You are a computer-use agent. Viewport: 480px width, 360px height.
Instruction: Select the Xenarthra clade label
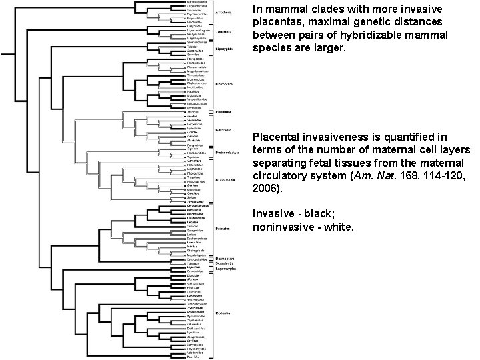(225, 31)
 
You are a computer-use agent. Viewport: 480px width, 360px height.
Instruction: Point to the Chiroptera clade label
(225, 84)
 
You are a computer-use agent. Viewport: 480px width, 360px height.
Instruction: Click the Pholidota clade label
(225, 111)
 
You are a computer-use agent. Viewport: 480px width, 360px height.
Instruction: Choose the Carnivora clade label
(225, 129)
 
